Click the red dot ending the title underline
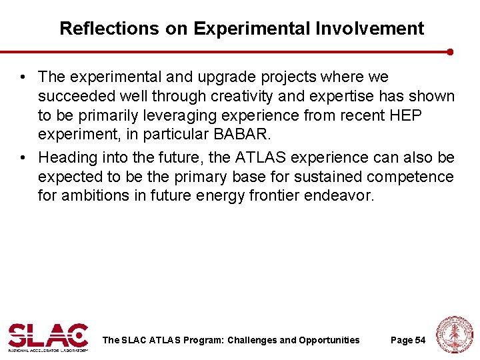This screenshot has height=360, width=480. point(451,51)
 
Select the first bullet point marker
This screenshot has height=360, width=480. point(24,78)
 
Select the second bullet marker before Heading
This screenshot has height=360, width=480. point(24,158)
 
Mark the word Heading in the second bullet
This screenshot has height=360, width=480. point(67,157)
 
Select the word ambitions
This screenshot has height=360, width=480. point(98,197)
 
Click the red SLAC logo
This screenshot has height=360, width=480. point(48,337)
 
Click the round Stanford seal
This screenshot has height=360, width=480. point(453,334)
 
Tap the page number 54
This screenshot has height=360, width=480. point(420,340)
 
